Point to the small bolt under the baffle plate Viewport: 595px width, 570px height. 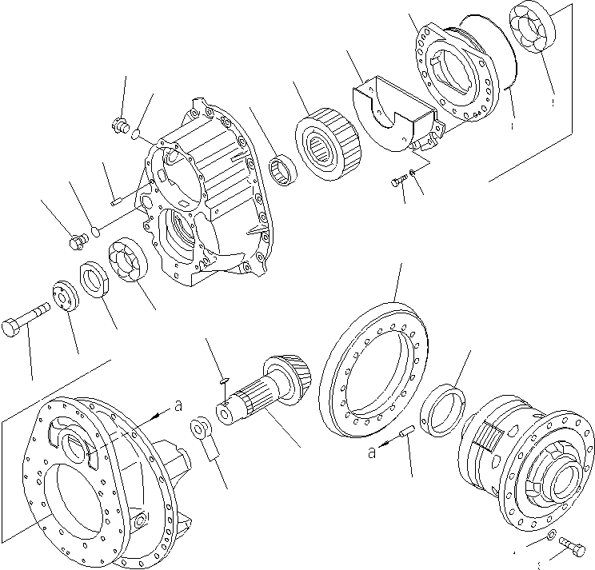tap(398, 184)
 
